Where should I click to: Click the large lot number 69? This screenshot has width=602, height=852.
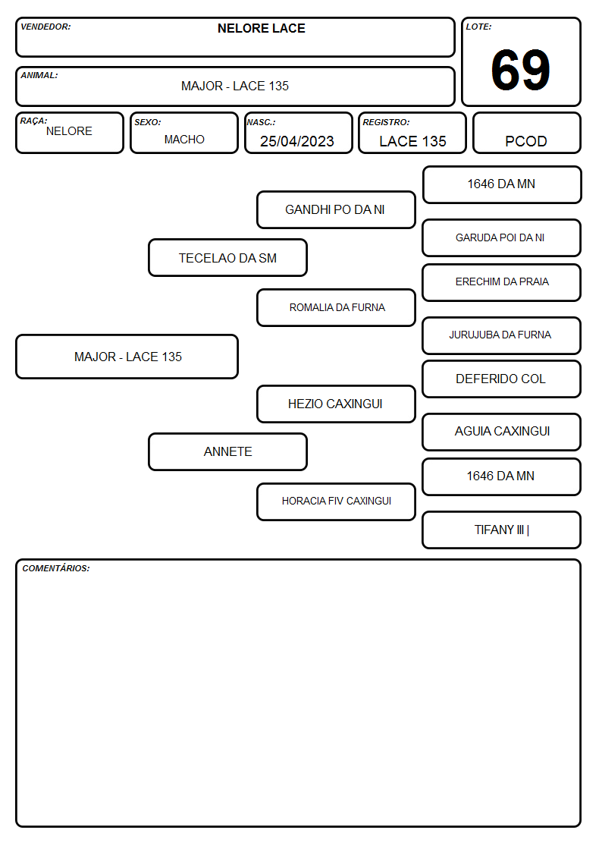pos(520,70)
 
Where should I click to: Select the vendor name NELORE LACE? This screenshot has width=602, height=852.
pos(261,28)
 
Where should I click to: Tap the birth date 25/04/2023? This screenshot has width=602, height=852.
pos(297,141)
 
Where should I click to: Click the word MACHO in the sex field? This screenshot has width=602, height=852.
pos(184,140)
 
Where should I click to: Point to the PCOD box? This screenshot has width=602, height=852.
pos(526,133)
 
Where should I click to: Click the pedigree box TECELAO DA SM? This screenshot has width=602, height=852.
pos(228,257)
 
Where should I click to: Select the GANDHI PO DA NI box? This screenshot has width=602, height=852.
pos(336,209)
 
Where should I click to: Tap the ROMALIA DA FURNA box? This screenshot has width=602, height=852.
pos(336,307)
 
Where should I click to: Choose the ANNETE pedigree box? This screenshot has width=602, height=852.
pos(228,451)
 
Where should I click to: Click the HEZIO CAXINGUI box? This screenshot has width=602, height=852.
pos(336,404)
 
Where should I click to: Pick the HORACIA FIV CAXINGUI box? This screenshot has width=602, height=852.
pos(336,501)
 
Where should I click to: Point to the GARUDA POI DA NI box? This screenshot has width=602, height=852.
pos(502,237)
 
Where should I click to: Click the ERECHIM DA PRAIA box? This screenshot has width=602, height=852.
pos(502,282)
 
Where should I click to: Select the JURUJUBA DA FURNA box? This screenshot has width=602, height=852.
pos(502,335)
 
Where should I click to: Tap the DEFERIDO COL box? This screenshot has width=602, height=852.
pos(502,379)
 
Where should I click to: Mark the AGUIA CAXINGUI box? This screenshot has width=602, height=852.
pos(502,432)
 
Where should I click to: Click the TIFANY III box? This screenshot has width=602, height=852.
pos(502,530)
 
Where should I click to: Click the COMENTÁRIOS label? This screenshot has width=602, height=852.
pos(56,568)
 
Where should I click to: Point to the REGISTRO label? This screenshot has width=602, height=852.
pos(386,122)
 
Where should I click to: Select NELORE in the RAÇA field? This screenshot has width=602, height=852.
pos(69,131)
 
